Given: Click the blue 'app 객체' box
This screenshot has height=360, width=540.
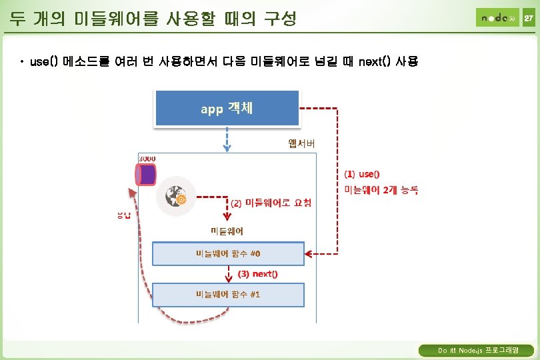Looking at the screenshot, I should click(227, 108).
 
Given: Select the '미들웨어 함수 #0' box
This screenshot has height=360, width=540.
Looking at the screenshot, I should click(228, 254).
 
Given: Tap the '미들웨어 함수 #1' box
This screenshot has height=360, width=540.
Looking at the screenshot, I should click(228, 294).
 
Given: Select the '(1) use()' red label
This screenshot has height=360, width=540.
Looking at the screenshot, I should click(362, 175).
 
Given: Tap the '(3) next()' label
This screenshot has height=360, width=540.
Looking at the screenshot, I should click(257, 274).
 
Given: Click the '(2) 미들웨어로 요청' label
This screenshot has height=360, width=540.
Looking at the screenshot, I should click(271, 202).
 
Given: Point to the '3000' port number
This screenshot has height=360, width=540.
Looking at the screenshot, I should click(147, 158).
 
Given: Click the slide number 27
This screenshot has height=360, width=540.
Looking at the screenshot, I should click(527, 18).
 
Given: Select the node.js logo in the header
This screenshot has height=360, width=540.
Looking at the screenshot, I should click(497, 18).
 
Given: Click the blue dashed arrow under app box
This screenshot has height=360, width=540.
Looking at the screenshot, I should click(227, 141).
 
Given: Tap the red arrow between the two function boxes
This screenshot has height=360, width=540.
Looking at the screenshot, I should click(228, 274).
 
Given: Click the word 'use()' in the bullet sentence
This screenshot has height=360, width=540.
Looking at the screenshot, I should click(44, 62).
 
